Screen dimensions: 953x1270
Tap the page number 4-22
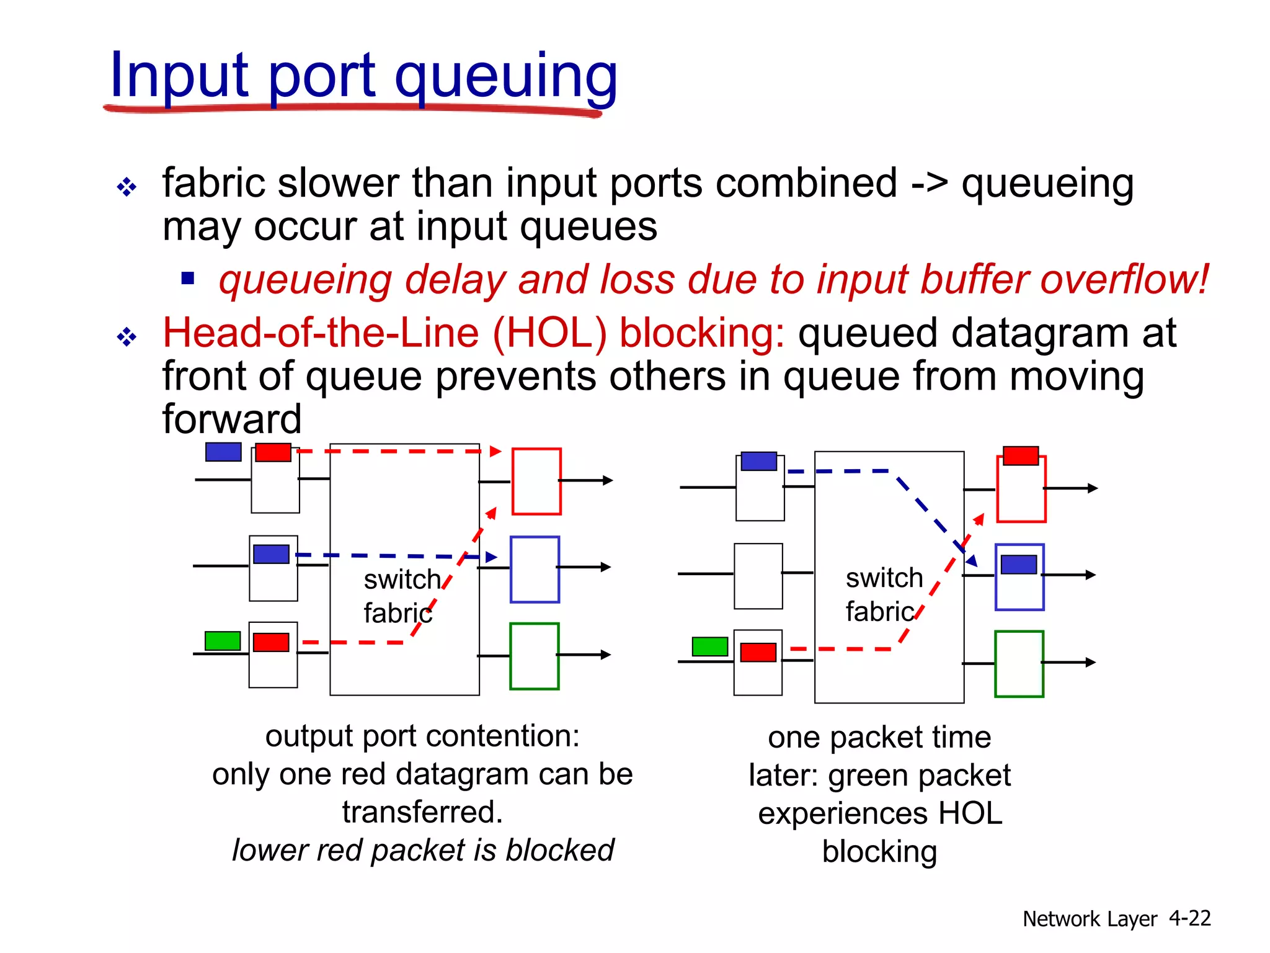[x=1189, y=918]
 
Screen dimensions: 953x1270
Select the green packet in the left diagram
[x=223, y=640]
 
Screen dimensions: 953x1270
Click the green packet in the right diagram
[x=709, y=647]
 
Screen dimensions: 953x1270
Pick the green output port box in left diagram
[x=534, y=656]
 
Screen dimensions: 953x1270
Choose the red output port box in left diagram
[x=536, y=481]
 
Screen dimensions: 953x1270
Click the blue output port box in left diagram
[x=535, y=569]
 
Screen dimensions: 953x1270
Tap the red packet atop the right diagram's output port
[x=1021, y=456]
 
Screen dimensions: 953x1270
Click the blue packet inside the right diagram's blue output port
[x=1019, y=565]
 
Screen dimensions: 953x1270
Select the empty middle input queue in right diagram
[x=758, y=576]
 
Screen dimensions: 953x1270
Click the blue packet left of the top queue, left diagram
[x=223, y=452]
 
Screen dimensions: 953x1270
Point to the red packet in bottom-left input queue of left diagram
[x=271, y=642]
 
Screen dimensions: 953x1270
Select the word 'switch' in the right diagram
[x=884, y=578]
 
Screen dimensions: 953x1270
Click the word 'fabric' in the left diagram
[x=397, y=613]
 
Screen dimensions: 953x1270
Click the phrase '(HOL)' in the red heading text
[x=549, y=333]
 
